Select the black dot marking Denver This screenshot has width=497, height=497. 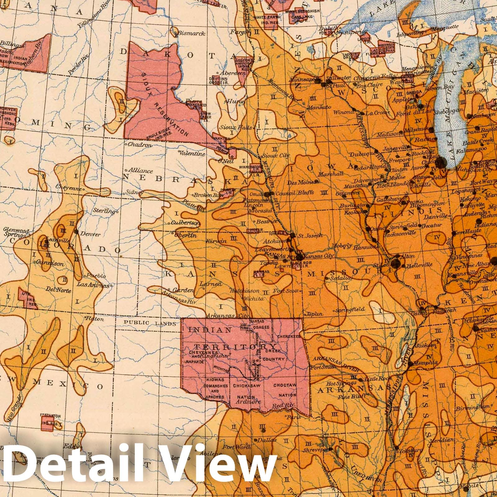(x=76, y=231)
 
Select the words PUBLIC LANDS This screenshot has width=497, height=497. (x=150, y=323)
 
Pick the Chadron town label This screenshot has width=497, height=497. (x=139, y=145)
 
